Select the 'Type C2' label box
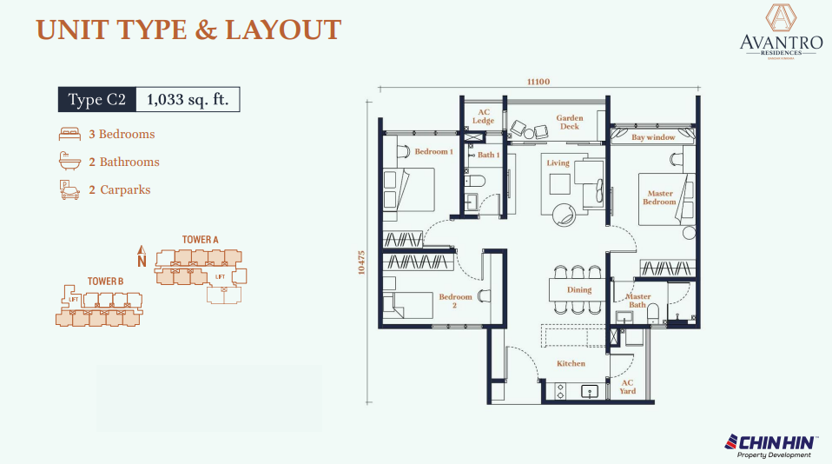point(97,100)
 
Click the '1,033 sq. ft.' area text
point(188,100)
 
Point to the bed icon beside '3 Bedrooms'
point(69,135)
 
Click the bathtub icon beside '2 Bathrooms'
point(69,162)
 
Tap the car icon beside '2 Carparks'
point(69,189)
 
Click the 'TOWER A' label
point(200,239)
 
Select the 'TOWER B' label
point(105,282)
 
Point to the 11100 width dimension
point(538,82)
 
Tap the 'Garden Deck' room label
point(570,122)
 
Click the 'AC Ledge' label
point(484,116)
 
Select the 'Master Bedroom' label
point(658,198)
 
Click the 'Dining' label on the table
point(579,290)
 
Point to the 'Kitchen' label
point(571,363)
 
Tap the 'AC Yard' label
point(627,387)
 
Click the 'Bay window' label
point(653,137)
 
